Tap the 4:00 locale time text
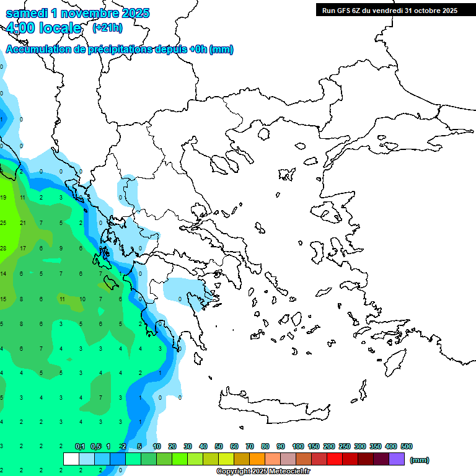pos(43,28)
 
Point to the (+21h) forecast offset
pos(107,28)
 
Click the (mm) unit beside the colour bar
pos(420,460)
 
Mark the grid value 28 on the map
pos(3,249)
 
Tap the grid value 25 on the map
pos(3,223)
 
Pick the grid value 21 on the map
pos(22,223)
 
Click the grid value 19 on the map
pos(3,198)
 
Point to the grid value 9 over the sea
pos(61,249)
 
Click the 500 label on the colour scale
pos(407,446)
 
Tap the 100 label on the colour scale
pos(298,446)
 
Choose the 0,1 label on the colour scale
pos(80,446)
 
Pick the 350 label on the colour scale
pos(376,446)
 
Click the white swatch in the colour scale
pos(71,459)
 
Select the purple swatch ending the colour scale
pos(397,459)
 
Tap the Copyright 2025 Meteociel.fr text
pos(263,472)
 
